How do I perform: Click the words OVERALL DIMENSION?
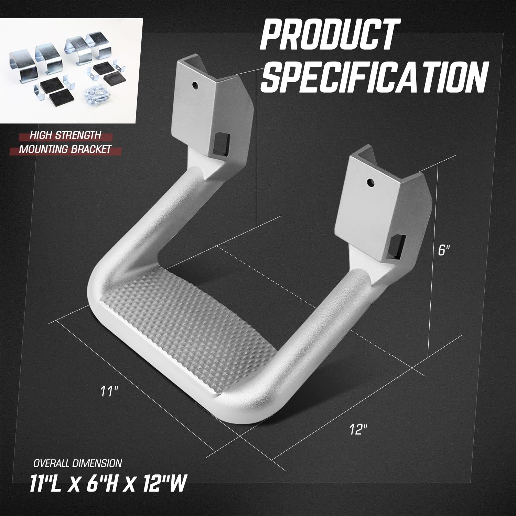tap(77, 463)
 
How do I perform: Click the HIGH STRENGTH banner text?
tap(65, 135)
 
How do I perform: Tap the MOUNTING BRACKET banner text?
tap(65, 149)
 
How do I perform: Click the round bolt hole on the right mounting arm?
tap(370, 182)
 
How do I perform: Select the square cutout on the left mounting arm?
tap(219, 143)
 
